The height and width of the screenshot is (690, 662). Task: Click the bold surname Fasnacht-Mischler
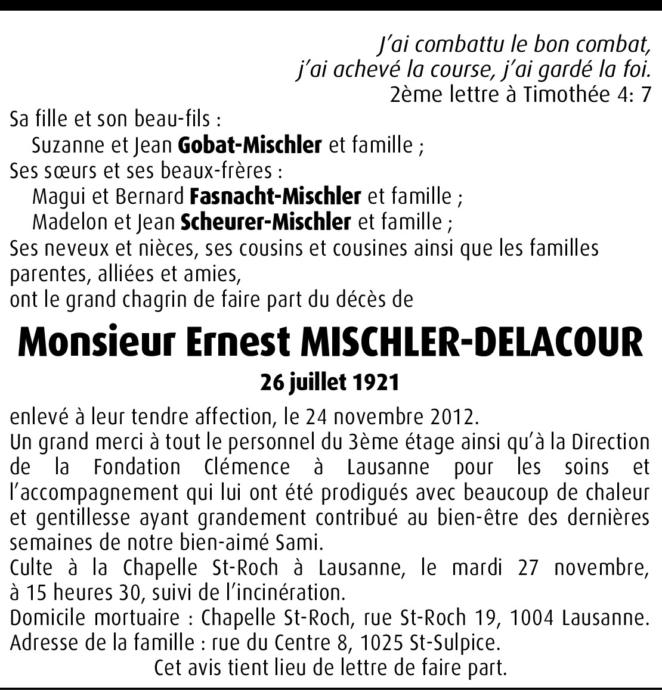(276, 196)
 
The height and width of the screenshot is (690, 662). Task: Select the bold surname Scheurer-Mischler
(265, 222)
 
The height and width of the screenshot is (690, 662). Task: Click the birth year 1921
(375, 383)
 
